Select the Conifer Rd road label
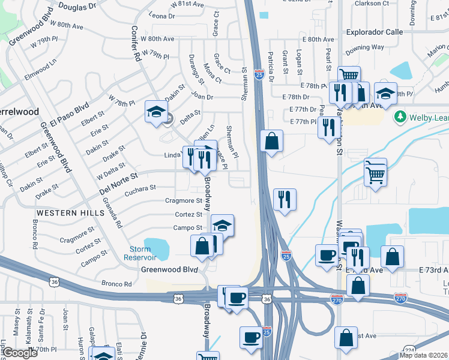click(x=136, y=44)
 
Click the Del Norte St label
click(x=118, y=179)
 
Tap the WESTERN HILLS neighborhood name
click(x=65, y=213)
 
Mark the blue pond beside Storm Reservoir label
click(x=157, y=247)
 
